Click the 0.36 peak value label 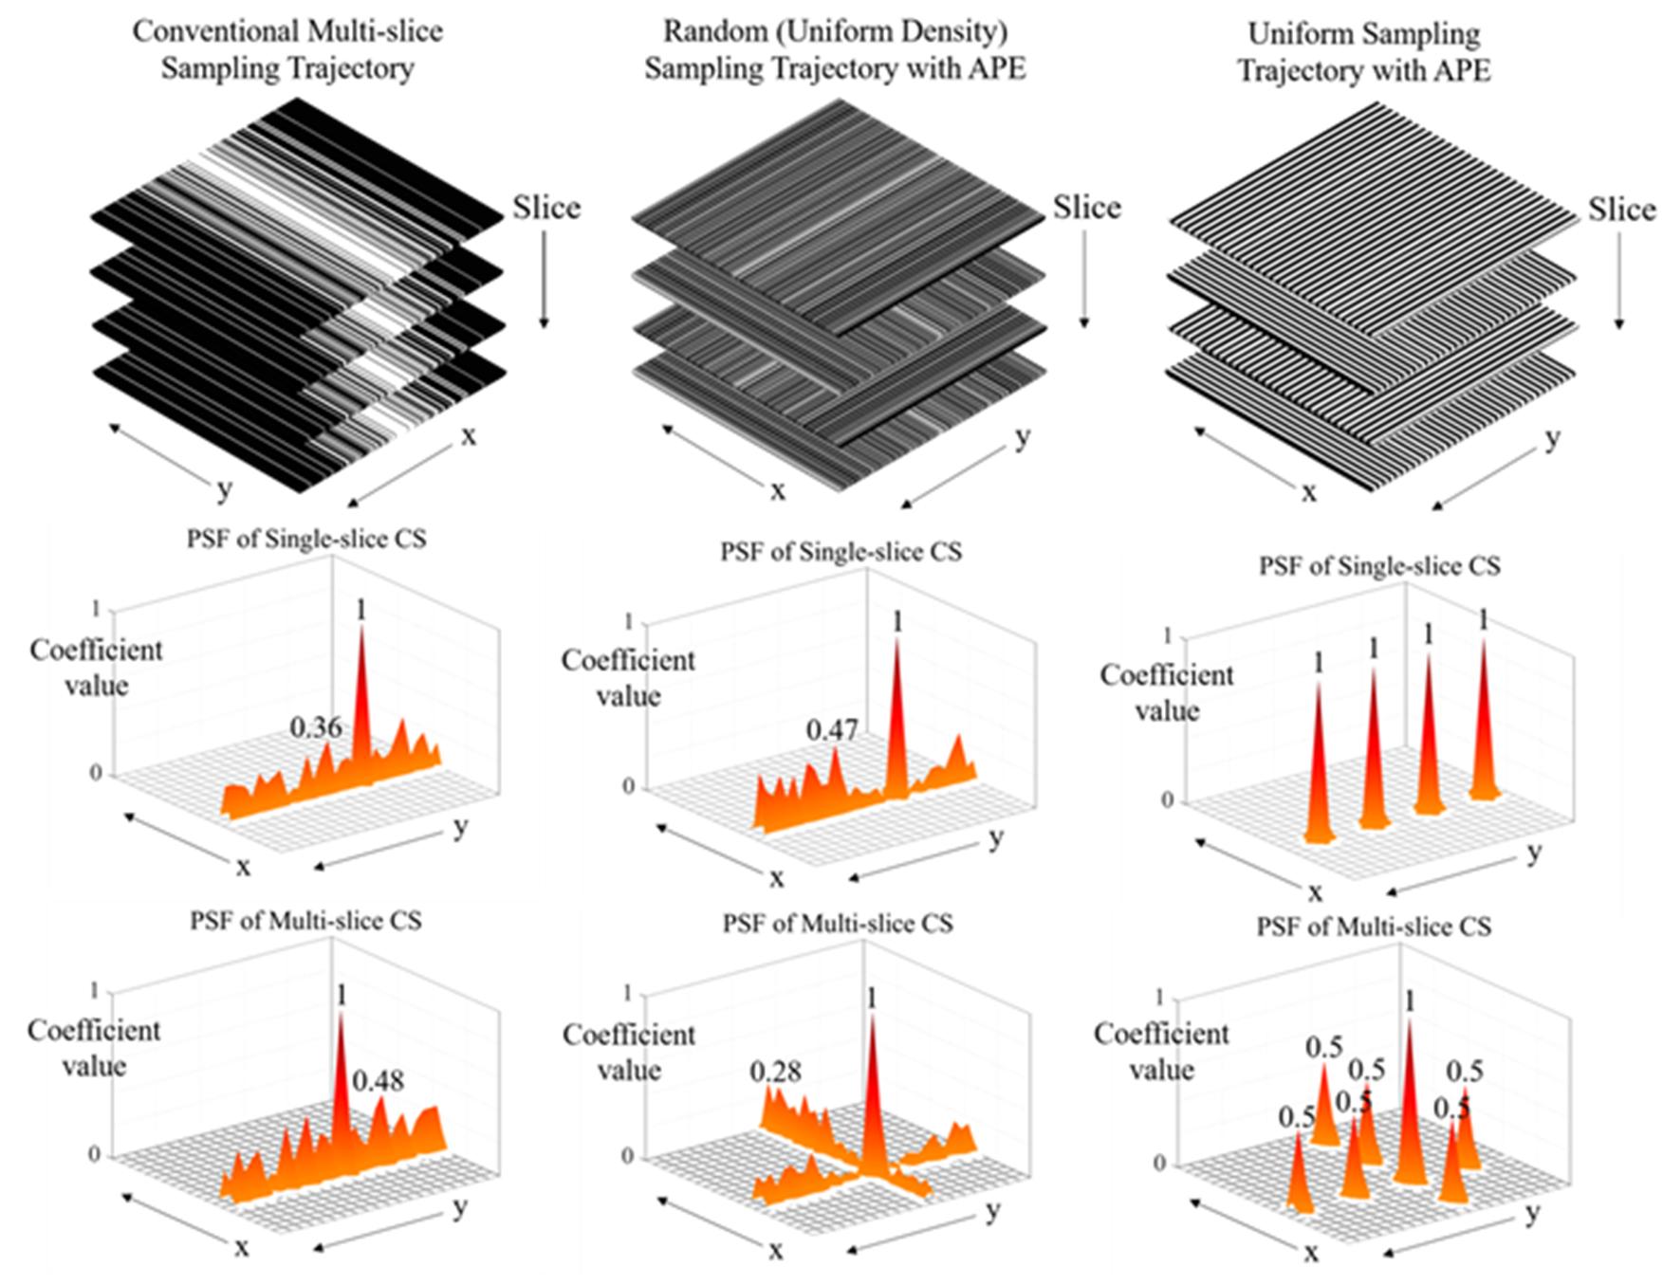[x=315, y=727]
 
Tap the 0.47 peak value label [x=832, y=730]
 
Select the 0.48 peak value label [x=379, y=1080]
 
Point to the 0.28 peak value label [x=775, y=1072]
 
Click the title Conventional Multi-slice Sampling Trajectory [x=287, y=49]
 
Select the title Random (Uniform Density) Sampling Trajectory [x=835, y=49]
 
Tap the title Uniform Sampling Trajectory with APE [x=1364, y=51]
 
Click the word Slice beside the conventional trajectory [x=546, y=208]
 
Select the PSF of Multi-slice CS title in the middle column [x=838, y=923]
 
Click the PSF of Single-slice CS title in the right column [x=1379, y=566]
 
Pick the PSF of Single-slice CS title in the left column [x=306, y=539]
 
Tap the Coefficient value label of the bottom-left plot [x=94, y=1048]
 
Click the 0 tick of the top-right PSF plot [x=1167, y=800]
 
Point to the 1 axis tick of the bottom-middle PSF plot [x=626, y=993]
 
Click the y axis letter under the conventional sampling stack [x=224, y=489]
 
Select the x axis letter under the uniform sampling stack [x=1309, y=491]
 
